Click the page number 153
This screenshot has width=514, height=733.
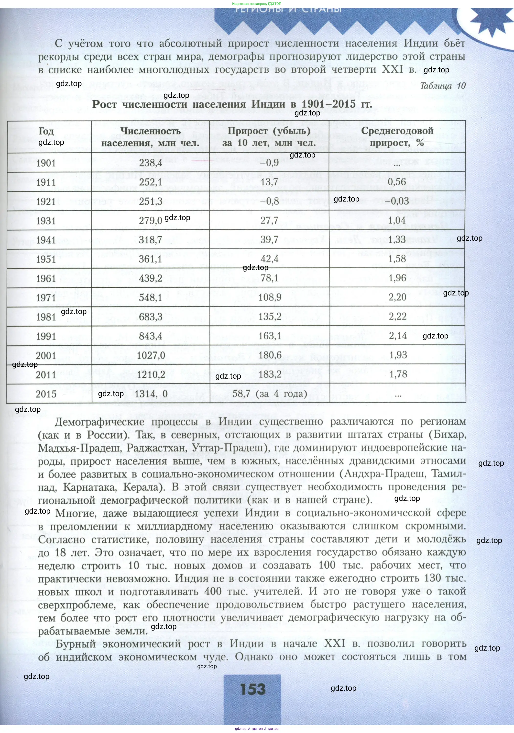253,689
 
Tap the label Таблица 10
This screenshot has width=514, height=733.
443,86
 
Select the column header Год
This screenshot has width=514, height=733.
46,131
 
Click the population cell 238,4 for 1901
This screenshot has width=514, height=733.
151,163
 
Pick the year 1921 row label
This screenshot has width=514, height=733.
46,202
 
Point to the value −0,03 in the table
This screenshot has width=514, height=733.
397,201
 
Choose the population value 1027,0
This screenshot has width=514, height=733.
151,355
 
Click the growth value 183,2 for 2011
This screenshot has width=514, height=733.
270,374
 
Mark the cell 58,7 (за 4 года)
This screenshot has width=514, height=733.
270,394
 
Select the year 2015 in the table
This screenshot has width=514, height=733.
46,394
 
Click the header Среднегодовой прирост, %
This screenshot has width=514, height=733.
397,137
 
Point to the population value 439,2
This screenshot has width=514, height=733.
151,278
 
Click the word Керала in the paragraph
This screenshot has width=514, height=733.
141,487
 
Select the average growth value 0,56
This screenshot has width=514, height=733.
397,182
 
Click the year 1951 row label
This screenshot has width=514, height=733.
46,259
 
